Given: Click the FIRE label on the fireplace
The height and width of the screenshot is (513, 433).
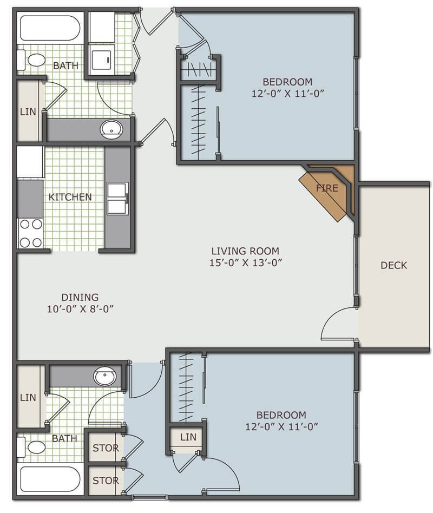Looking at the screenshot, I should coord(327,188).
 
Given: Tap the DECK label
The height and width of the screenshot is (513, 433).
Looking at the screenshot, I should coord(393,265).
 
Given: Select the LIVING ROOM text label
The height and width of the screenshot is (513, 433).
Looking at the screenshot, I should coord(245,251).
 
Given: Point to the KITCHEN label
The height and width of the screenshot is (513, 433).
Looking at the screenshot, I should coord(70,197).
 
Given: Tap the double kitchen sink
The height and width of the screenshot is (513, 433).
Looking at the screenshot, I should coord(117,199).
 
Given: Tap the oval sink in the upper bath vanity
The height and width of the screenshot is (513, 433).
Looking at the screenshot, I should coord(111,129).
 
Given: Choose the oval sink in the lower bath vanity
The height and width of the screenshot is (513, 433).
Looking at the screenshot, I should coord(104,376).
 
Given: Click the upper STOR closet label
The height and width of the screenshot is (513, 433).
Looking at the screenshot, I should coord(106,448).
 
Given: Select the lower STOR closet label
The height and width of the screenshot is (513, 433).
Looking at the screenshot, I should coord(106,481).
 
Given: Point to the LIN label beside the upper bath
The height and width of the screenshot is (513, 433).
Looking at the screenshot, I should coord(28,111).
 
